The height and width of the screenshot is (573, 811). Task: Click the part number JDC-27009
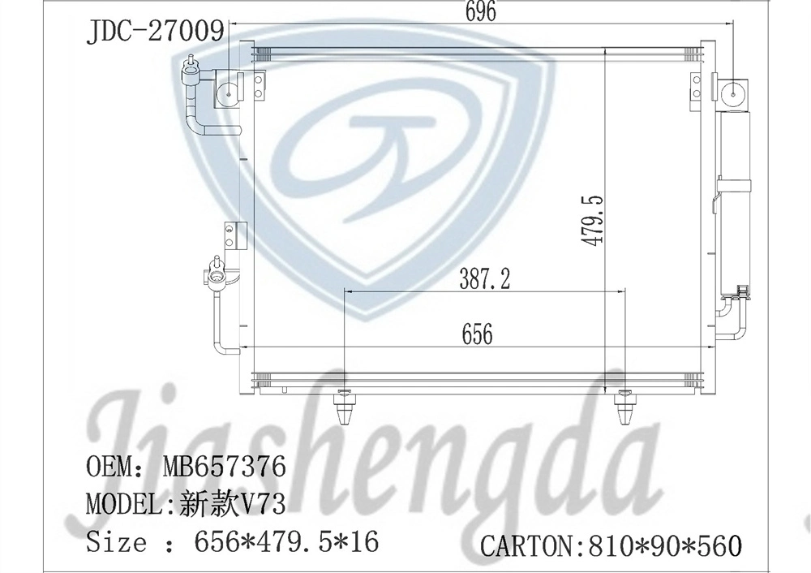[x=154, y=32]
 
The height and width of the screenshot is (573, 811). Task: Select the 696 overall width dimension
[x=478, y=11]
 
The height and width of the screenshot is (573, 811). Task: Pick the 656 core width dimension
[x=477, y=334]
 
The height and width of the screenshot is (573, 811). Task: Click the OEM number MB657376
[x=224, y=467]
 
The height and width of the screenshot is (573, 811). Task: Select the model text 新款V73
[x=231, y=505]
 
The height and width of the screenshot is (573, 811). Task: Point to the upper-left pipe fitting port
[x=191, y=71]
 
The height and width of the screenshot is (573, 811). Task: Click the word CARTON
[x=526, y=545]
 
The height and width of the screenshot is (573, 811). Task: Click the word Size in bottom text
[x=117, y=541]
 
